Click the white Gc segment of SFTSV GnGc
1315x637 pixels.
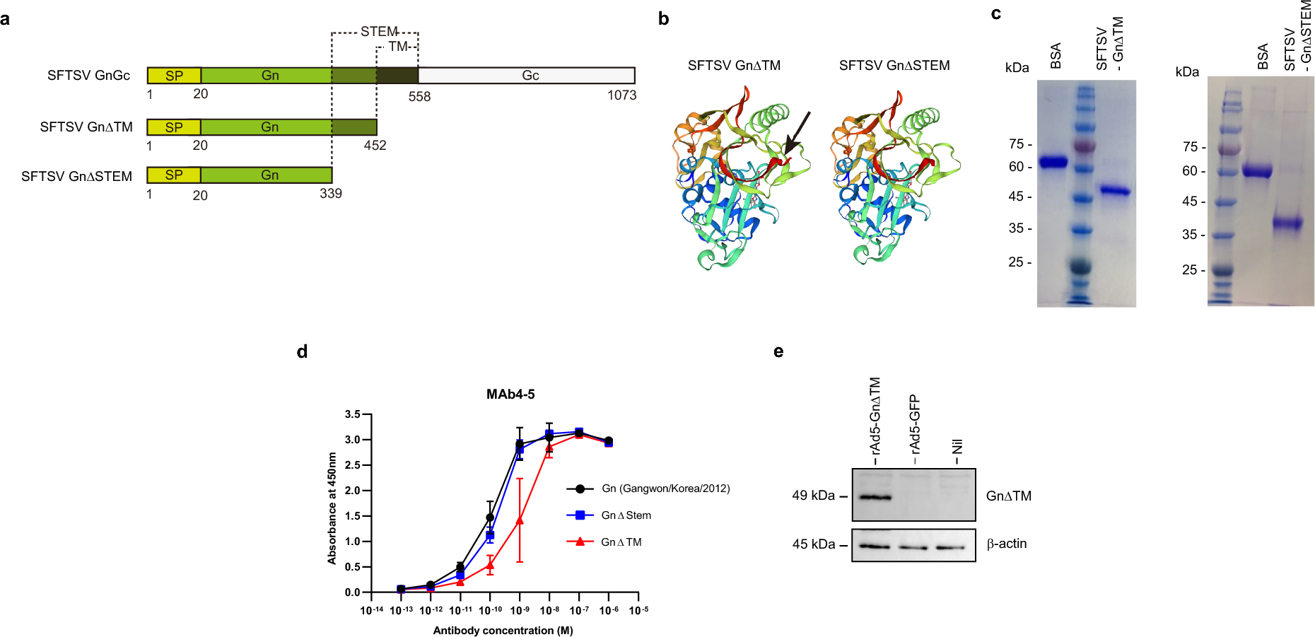tap(530, 76)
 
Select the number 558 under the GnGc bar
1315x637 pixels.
tap(419, 97)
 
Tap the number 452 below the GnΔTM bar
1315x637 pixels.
tap(375, 146)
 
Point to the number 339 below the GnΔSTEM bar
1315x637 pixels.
tap(330, 194)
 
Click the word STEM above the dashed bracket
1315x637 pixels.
tap(379, 32)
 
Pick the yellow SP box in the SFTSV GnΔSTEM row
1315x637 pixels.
tap(174, 175)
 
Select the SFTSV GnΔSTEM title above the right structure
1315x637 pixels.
tap(894, 66)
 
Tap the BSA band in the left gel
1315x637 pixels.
tap(1052, 162)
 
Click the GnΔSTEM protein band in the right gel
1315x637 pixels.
tap(1287, 224)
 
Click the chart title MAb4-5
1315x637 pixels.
tap(510, 395)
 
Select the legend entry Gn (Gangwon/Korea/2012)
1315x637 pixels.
tap(665, 489)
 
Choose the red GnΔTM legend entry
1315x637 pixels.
tap(621, 542)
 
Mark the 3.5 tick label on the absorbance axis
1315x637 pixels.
tap(352, 414)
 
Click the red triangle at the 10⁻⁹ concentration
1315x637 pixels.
tap(520, 520)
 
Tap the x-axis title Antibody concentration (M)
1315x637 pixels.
tap(503, 631)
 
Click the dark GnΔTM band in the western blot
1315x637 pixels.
tap(874, 497)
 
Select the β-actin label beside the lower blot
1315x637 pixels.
tap(1006, 544)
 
